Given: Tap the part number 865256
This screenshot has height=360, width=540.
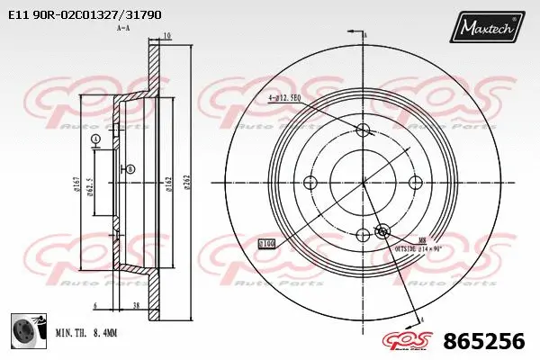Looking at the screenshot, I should pyautogui.click(x=484, y=341).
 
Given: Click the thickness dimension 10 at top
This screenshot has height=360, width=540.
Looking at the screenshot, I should pyautogui.click(x=167, y=37).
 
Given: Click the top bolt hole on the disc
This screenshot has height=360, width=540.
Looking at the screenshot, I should pyautogui.click(x=364, y=130).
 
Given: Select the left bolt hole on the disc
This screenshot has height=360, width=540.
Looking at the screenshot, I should pyautogui.click(x=310, y=183).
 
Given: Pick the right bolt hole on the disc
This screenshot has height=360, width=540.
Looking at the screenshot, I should pyautogui.click(x=416, y=183).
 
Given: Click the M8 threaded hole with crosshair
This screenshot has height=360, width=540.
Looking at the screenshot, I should pyautogui.click(x=381, y=230).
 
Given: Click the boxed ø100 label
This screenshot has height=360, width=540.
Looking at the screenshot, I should pyautogui.click(x=267, y=243).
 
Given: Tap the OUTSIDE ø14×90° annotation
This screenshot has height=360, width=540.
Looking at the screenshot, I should pyautogui.click(x=418, y=246).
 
